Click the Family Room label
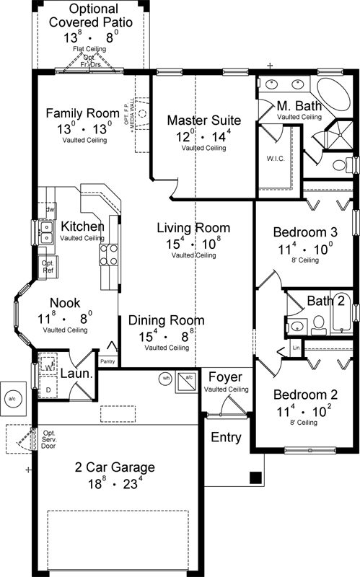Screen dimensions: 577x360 pos(82,113)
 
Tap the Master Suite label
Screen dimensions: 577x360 pos(203,120)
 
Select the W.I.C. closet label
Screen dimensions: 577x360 pos(273,159)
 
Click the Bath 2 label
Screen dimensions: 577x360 pos(324,300)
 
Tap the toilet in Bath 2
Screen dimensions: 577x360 pos(318,327)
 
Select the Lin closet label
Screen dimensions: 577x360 pos(296,348)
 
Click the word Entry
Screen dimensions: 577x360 pos(226,438)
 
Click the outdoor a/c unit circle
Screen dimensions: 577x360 pos(12,397)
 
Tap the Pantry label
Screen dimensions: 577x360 pos(107,361)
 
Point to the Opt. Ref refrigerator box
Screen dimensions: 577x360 pos(48,267)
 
